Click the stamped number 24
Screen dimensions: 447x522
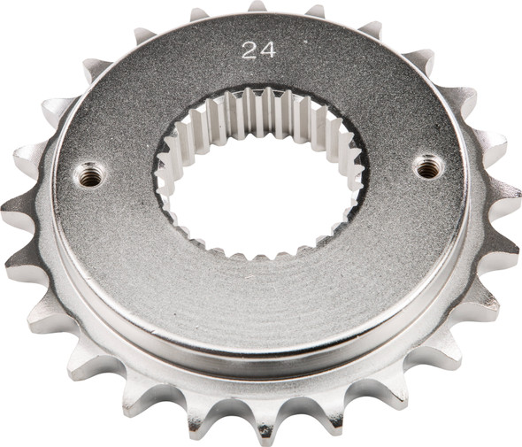pyautogui.click(x=257, y=50)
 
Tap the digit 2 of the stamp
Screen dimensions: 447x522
pyautogui.click(x=249, y=50)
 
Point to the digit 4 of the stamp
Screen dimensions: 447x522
pyautogui.click(x=267, y=50)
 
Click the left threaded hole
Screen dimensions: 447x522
pyautogui.click(x=89, y=175)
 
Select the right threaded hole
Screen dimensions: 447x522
pyautogui.click(x=428, y=165)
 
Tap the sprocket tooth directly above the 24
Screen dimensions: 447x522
pyautogui.click(x=256, y=7)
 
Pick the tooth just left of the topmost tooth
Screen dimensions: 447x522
pyautogui.click(x=199, y=15)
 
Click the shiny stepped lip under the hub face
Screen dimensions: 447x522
pyautogui.click(x=265, y=350)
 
